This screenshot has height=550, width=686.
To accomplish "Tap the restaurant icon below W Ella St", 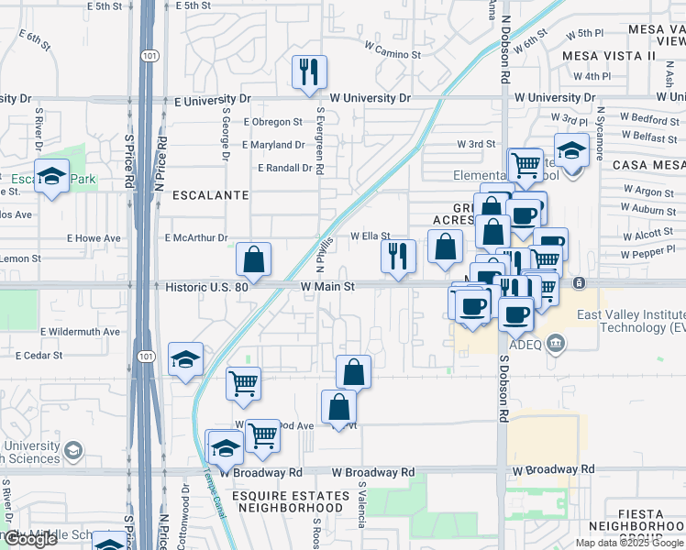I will coord(397,255).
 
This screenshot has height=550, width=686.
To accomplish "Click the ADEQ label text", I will coord(526,346).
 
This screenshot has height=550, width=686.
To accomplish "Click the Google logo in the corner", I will coord(30,539).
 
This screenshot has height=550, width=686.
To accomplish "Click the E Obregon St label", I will coord(272,121).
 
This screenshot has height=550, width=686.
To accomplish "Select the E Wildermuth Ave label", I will coord(80,331).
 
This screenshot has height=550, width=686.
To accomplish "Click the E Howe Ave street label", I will coord(93,238).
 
